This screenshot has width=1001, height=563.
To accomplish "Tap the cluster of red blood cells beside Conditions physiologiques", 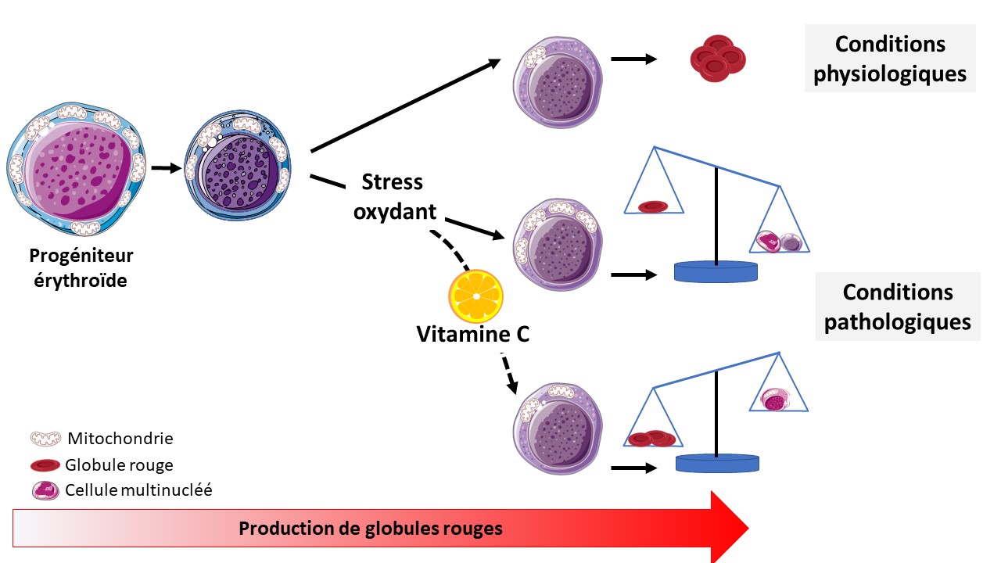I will pos(717,59).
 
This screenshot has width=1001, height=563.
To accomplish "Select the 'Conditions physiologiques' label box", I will pos(890,59).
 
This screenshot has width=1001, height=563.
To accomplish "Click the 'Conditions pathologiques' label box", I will pos(899,307).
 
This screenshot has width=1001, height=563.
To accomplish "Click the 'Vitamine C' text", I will pos(473,335).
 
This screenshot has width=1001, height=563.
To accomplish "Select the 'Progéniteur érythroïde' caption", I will pos(81,267).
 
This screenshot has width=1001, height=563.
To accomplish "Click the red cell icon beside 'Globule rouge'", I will pos(46,465).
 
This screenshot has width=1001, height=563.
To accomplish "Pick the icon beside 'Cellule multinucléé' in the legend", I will pos(45,491).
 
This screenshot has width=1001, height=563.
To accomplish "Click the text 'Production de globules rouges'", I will pos(371,529).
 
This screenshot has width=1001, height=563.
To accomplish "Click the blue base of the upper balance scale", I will pos(716,272).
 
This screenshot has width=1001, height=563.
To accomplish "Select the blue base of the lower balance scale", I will pos(717,462).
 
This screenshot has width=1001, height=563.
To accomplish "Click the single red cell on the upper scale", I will pos(653,206).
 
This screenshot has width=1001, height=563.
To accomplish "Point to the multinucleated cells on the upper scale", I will pos(779,242).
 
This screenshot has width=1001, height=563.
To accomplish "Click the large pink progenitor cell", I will pos(77,169).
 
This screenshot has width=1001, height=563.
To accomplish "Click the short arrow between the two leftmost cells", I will pos(165,167).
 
